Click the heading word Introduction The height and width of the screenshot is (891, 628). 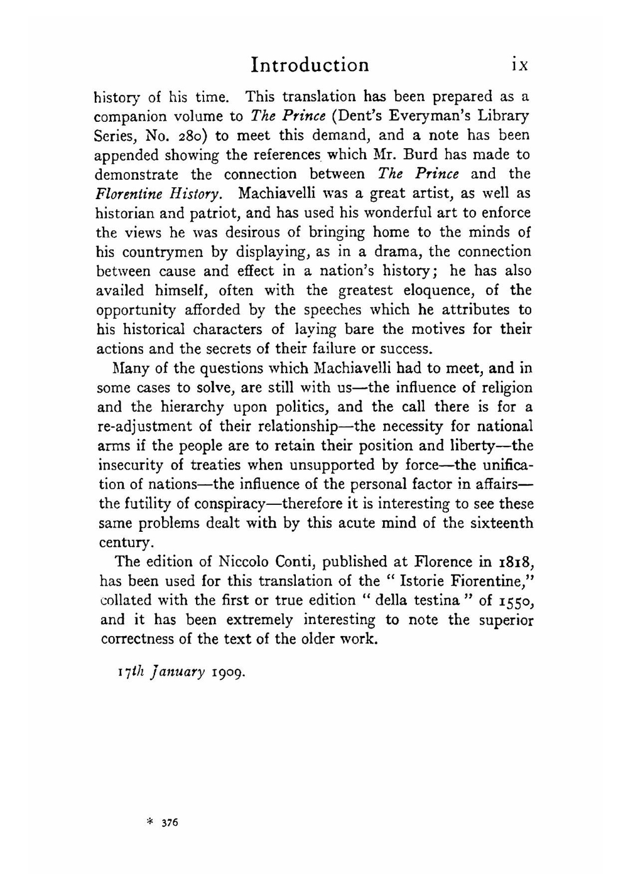pos(310,65)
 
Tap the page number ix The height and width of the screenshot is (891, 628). pos(521,65)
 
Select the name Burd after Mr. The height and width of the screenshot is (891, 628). pos(425,154)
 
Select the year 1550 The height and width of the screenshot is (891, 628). pos(516,601)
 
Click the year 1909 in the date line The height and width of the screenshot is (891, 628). pos(229,672)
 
